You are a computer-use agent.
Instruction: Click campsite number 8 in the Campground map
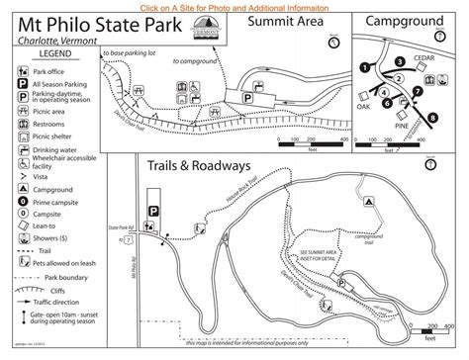coord(432,117)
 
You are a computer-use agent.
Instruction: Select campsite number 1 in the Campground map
coord(366,67)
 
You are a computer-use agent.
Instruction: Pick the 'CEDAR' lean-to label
coord(424,57)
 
